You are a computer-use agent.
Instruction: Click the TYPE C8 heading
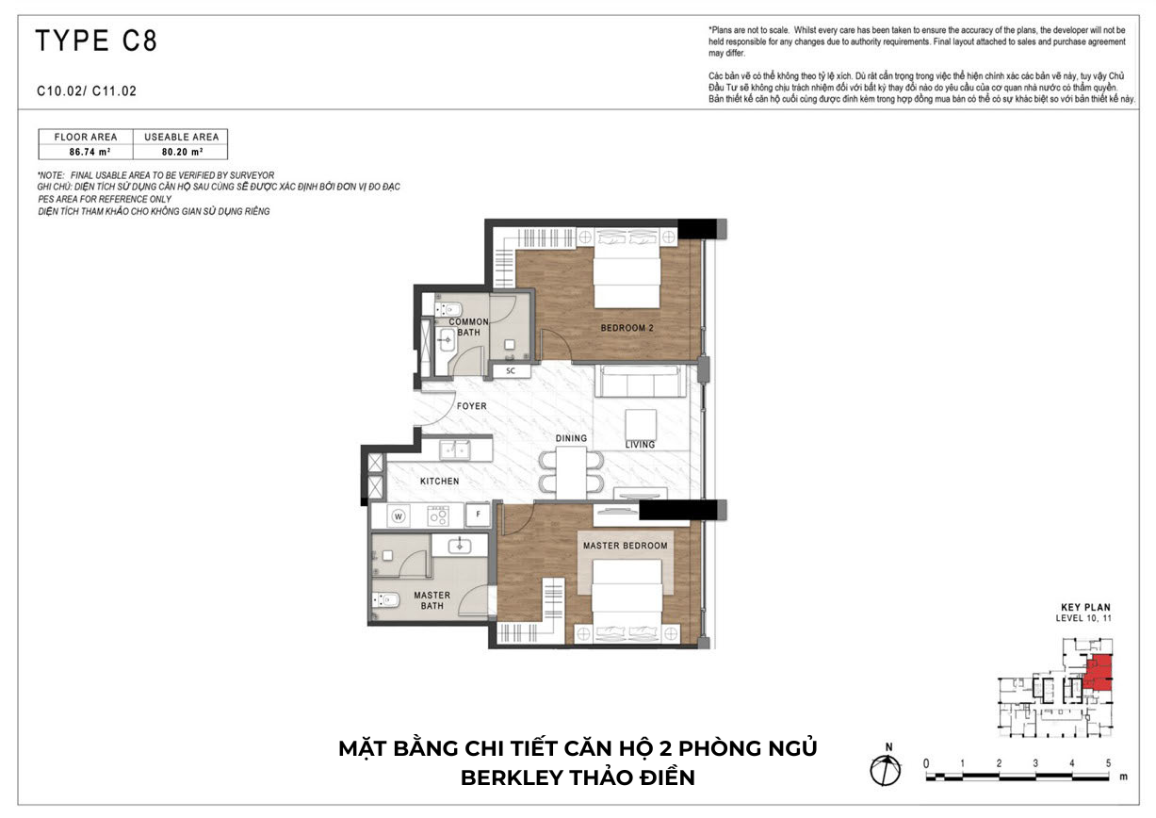tap(96, 41)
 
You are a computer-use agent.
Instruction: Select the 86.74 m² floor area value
tap(90, 153)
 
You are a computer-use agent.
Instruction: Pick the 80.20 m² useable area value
tap(182, 153)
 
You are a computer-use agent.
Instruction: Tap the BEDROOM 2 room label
tap(627, 328)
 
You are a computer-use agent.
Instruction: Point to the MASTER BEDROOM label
tap(625, 546)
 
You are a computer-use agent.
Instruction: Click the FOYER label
tap(471, 406)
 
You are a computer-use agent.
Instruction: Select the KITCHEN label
tap(439, 481)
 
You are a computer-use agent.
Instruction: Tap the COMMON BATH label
tap(468, 327)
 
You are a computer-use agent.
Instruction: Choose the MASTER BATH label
tap(431, 600)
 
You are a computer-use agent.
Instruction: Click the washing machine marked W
tap(398, 516)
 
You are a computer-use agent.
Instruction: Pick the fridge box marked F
tap(478, 515)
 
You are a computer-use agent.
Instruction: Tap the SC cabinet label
tap(511, 370)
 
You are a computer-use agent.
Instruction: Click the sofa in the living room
tap(637, 381)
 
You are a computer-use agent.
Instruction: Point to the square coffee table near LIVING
tap(641, 425)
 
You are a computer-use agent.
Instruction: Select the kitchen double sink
tap(455, 450)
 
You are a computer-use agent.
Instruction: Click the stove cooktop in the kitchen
tap(438, 515)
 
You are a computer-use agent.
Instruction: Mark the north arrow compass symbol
tap(885, 771)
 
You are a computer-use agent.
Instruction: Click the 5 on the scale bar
tap(1108, 762)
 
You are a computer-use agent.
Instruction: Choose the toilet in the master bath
tap(386, 600)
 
